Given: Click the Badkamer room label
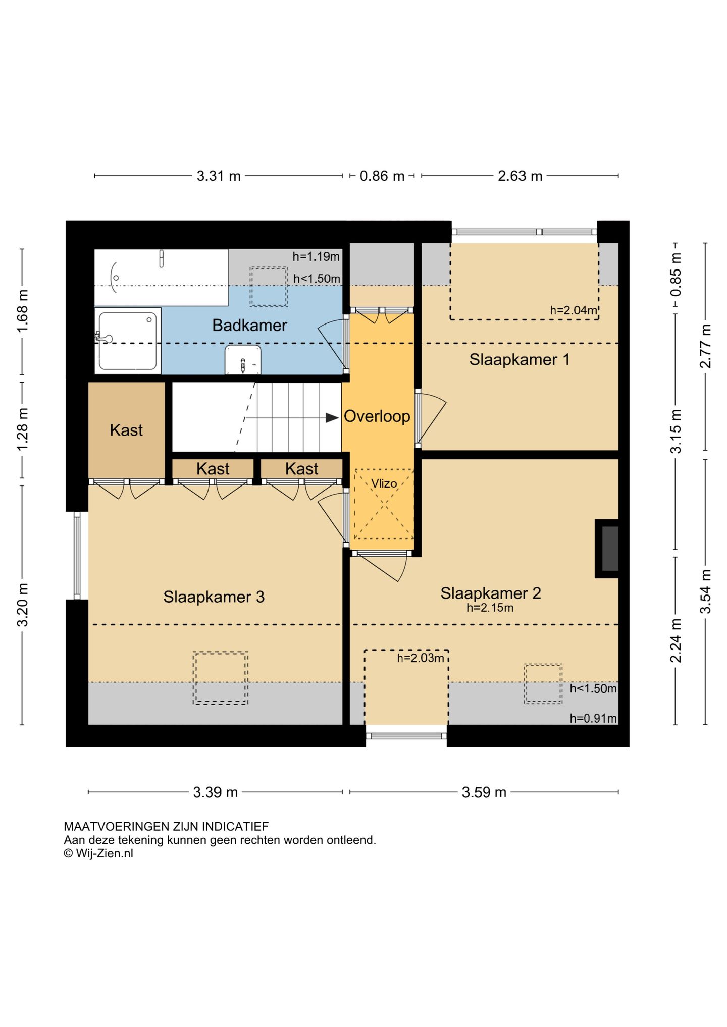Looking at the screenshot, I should click(x=249, y=326).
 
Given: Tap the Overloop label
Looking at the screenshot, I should click(x=377, y=416).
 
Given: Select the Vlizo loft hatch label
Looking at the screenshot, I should click(x=384, y=483).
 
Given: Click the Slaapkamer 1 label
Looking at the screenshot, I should click(x=519, y=359).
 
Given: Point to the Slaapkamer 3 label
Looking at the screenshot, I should click(x=214, y=597).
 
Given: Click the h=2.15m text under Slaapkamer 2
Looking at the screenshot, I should click(x=490, y=608).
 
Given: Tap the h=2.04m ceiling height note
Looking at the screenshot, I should click(x=574, y=310).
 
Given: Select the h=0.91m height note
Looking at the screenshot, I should click(x=593, y=718).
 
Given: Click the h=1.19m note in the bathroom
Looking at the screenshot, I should click(x=316, y=256).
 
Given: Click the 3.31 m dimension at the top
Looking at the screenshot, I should click(x=218, y=176).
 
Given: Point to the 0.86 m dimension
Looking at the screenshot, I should click(x=382, y=176).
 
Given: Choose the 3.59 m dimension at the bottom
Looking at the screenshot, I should click(x=484, y=792).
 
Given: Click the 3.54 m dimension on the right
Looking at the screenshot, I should click(x=705, y=591).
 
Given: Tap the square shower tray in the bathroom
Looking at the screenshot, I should click(x=128, y=341).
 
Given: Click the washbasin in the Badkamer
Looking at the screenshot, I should click(x=243, y=360).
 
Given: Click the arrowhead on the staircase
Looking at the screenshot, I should click(x=332, y=418).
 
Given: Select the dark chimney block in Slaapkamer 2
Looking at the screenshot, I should click(x=609, y=549).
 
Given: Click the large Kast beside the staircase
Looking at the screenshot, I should click(x=126, y=430).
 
